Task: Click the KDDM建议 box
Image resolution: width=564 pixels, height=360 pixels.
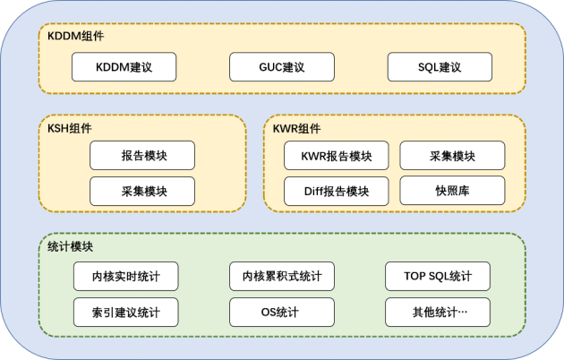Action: click(124, 67)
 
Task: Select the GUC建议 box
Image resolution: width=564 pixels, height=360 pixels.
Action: click(282, 67)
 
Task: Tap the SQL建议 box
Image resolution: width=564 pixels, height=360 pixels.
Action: click(440, 67)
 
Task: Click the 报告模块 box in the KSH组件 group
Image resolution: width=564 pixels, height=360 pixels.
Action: click(142, 156)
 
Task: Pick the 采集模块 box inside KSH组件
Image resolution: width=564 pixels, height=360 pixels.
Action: click(142, 191)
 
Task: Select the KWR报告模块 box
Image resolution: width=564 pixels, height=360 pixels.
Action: click(336, 156)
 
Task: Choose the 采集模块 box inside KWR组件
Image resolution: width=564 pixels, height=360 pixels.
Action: click(452, 156)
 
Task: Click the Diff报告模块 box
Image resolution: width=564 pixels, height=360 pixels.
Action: click(336, 191)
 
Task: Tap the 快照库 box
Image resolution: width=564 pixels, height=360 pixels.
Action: click(452, 191)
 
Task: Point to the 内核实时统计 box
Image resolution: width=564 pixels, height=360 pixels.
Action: click(125, 277)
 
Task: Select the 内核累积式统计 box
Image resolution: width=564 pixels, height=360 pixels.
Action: click(282, 277)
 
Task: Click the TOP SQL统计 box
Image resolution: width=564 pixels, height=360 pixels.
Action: click(438, 277)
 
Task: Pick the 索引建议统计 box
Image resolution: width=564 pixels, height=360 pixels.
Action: click(125, 313)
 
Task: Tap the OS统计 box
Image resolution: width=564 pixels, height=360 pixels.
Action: click(282, 313)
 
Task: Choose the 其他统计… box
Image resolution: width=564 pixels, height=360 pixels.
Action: click(438, 313)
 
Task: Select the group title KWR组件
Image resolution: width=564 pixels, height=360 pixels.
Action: click(296, 127)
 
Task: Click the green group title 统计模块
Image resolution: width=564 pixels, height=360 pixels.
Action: click(70, 247)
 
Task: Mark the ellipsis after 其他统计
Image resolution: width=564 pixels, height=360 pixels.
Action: click(462, 313)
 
